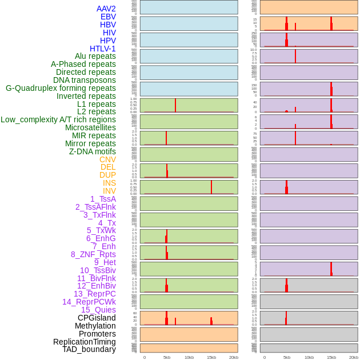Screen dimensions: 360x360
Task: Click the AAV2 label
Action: (x=106, y=9)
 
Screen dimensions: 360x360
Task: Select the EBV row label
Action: (x=107, y=17)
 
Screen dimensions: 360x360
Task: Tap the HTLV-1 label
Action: (x=102, y=49)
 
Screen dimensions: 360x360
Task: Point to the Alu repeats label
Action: (x=95, y=56)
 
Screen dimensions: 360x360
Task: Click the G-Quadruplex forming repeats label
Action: (x=61, y=88)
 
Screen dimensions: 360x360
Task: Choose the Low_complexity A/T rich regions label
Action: (x=58, y=119)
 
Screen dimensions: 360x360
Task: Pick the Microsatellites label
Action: (x=90, y=127)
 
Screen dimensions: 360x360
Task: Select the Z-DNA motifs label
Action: (x=93, y=151)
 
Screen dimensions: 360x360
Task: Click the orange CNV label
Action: (x=107, y=159)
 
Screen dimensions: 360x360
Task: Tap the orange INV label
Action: (x=109, y=191)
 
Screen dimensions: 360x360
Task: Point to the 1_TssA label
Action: (x=103, y=199)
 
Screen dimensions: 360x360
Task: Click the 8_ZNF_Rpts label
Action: (x=93, y=254)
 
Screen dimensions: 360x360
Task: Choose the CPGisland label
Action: (x=97, y=318)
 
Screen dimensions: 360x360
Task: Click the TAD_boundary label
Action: (x=89, y=349)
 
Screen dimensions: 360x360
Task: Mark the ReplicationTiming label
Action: (x=84, y=342)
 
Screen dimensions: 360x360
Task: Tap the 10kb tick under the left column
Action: (x=189, y=357)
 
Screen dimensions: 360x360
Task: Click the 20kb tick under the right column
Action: (x=354, y=357)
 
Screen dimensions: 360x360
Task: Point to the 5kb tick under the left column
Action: (x=167, y=357)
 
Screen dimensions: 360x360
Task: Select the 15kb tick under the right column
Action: (x=331, y=357)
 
